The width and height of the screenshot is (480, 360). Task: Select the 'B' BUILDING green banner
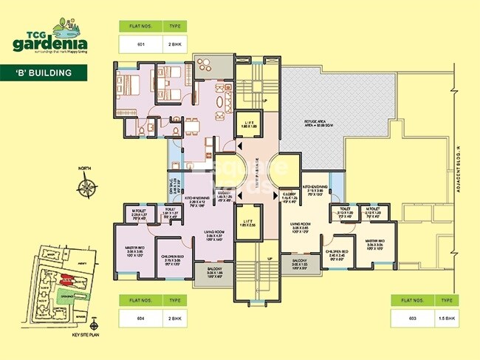(x=46, y=72)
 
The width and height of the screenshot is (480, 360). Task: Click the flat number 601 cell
(x=140, y=44)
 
